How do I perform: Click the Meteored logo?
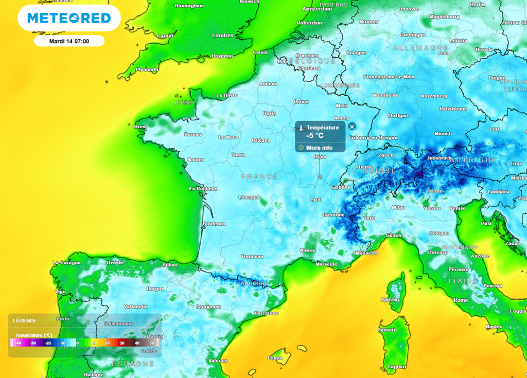(69, 19)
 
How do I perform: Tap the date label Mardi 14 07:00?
(69, 41)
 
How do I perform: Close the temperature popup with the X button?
(352, 127)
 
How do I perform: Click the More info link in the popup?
(319, 148)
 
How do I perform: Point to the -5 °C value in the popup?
(315, 136)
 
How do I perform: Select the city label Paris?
(270, 113)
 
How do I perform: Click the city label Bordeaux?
(214, 224)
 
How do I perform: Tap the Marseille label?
(326, 264)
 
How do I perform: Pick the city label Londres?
(223, 35)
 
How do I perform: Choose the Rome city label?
(461, 300)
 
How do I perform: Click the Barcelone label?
(266, 313)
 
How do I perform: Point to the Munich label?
(443, 134)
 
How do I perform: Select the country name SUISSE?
(380, 171)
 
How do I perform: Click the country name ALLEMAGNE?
(420, 48)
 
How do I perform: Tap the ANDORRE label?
(254, 283)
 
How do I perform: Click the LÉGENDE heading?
(25, 321)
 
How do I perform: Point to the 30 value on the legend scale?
(122, 343)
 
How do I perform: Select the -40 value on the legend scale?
(19, 343)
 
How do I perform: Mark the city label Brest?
(140, 127)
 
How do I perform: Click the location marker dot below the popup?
(320, 176)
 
